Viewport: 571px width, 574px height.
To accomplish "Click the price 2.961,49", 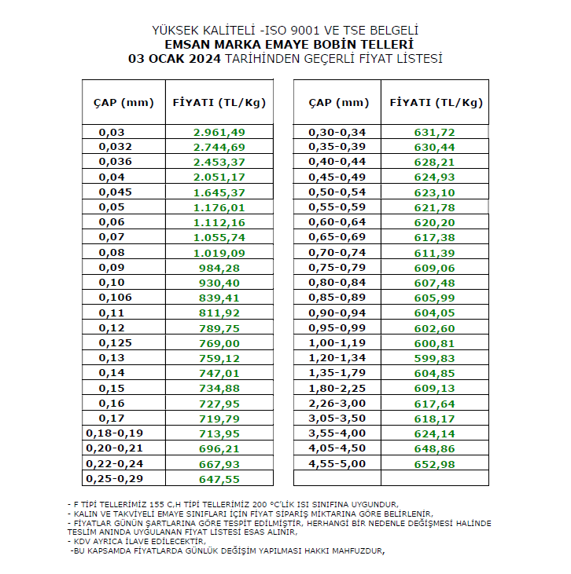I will [219, 132].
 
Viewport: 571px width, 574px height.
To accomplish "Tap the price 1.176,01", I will [219, 207].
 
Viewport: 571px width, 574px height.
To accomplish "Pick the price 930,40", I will [219, 282].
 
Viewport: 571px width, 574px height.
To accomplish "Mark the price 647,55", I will [219, 477].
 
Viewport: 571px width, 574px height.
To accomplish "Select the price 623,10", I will [435, 192].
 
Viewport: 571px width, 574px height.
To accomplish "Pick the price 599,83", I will [435, 357].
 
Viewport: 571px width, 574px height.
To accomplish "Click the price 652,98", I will [435, 462].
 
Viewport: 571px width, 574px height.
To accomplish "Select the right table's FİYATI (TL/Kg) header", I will [436, 102].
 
